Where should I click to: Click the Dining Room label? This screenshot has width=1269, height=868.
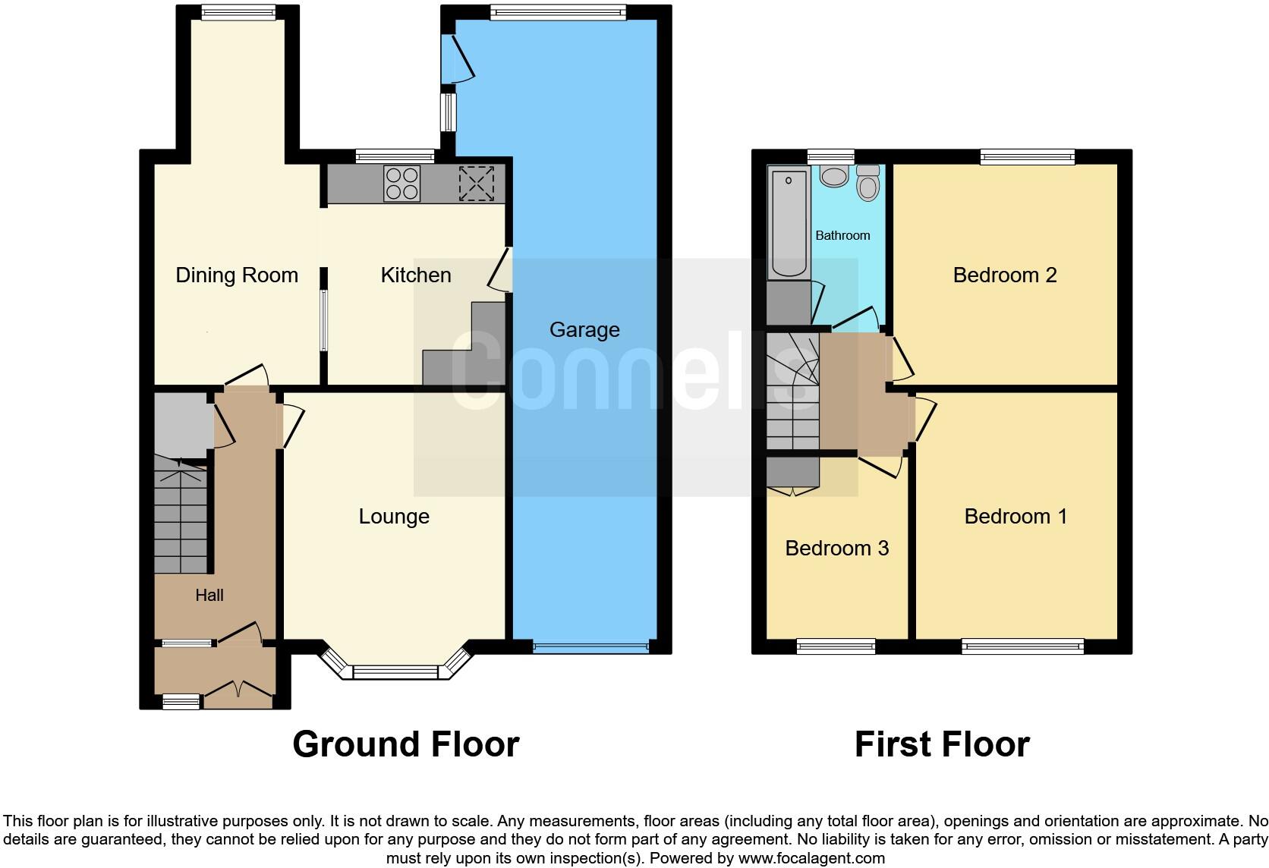pos(237,275)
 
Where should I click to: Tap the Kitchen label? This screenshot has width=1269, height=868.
pos(416,275)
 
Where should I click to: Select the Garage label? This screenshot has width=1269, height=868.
pos(584,330)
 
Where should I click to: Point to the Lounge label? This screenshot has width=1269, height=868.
pos(394,517)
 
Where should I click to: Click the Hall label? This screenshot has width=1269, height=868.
pos(209,596)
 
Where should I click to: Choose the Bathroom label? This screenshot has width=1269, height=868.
pos(842,235)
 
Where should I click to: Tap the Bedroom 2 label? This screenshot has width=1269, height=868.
pos(1005,275)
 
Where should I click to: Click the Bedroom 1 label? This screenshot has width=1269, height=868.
pos(1016,517)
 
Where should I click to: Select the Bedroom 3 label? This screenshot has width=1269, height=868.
pos(836,549)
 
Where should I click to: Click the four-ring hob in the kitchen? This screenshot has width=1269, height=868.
pos(402,184)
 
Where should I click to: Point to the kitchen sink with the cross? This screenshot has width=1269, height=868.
pos(477,184)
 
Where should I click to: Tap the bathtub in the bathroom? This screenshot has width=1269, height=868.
pos(789,224)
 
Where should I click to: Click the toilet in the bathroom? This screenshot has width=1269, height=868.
pos(868,182)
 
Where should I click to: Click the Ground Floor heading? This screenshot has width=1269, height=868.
pos(405,744)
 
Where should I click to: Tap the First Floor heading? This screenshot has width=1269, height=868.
pos(942,744)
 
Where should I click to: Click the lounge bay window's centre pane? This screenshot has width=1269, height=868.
pos(395,672)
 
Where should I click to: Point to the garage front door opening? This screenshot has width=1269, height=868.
pos(590,647)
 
